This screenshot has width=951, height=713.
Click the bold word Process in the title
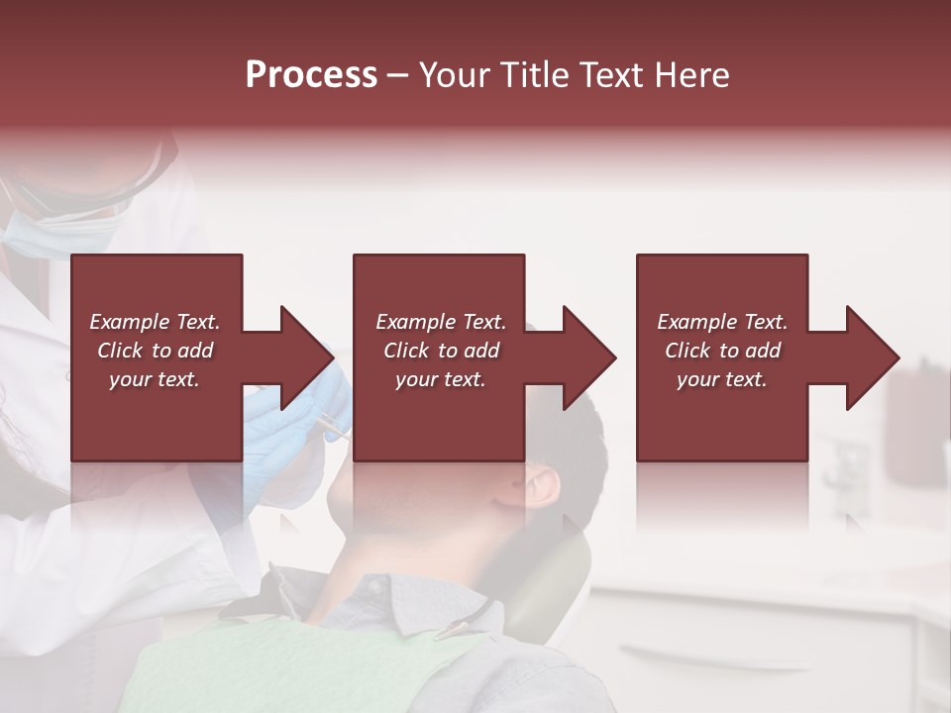311,75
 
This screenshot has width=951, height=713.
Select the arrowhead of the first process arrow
307,357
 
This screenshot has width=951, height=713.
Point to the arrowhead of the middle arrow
589,357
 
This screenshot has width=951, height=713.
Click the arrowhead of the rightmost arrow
873,357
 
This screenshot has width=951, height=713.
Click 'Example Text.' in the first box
155,322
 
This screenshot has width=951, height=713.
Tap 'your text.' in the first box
155,379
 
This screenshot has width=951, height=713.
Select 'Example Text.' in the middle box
441,322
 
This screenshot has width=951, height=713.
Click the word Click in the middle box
406,351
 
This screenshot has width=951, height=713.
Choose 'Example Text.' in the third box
722,322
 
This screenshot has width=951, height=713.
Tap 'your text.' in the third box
722,379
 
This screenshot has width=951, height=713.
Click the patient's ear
541,484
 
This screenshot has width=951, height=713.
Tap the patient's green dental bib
297,673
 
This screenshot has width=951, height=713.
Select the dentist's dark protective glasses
119,183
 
